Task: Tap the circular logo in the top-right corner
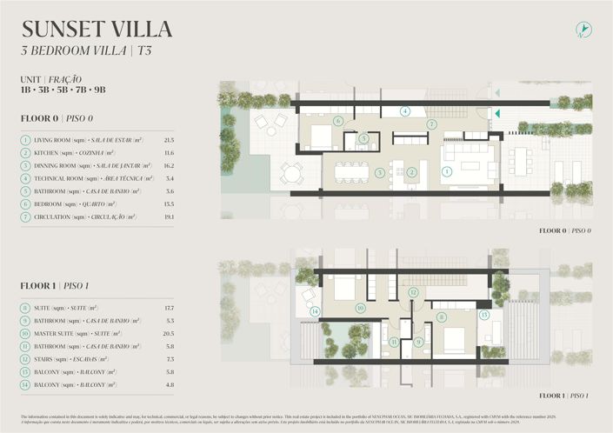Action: [584, 30]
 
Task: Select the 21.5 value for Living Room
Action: [169, 140]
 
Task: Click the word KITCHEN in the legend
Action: [49, 152]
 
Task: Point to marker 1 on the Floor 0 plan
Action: [447, 172]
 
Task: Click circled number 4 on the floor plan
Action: [405, 111]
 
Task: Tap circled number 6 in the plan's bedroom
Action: [338, 121]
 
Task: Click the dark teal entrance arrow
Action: [497, 112]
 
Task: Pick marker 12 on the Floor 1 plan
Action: [414, 293]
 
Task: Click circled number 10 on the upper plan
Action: [360, 307]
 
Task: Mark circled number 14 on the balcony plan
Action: [315, 311]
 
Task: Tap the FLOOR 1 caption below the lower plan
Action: [564, 396]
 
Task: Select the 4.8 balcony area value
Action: [169, 384]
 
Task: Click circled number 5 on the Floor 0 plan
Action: [364, 138]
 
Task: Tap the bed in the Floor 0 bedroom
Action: [320, 137]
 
